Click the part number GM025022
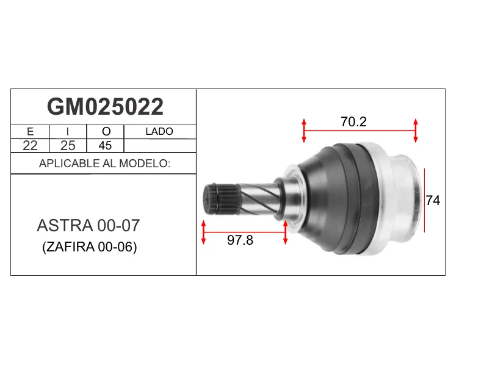tap(105, 107)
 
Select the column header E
tap(31, 131)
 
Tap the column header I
tap(68, 131)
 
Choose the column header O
tap(106, 131)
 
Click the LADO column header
tap(159, 131)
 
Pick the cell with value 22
tap(31, 145)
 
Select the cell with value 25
tap(68, 145)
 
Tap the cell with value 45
tap(105, 145)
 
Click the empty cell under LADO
tap(160, 146)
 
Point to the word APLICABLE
tap(69, 164)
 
